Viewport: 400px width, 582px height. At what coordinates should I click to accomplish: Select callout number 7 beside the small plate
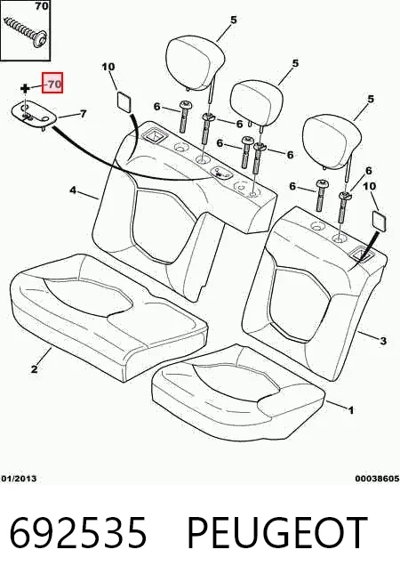83,113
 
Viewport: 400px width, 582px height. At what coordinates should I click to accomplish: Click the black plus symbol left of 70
25,89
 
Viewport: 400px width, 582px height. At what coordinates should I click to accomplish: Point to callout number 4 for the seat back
73,190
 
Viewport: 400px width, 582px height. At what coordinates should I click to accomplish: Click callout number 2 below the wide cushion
35,369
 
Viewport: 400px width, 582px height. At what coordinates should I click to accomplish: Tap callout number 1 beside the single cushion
350,409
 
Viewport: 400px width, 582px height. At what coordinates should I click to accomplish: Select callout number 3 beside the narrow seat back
383,341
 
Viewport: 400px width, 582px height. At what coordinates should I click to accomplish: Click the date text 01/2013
19,479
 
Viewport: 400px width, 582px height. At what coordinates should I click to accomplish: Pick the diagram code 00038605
377,479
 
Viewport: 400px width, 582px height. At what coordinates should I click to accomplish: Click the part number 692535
78,533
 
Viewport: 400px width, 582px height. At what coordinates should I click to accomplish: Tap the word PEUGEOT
276,533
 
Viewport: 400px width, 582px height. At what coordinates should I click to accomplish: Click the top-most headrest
195,63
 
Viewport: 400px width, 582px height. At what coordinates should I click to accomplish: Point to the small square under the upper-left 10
124,101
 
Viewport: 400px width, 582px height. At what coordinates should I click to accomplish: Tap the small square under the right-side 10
379,222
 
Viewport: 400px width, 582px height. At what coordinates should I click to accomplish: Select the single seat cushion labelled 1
239,394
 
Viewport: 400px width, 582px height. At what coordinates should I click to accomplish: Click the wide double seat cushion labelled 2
108,317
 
